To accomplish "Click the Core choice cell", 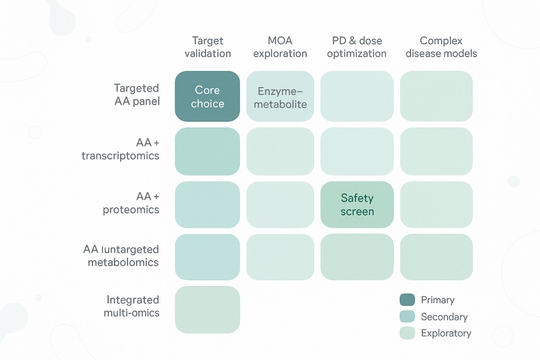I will (207, 96).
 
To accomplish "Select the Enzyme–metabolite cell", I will (280, 96).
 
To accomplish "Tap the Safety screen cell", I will (357, 204).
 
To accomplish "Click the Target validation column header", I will (207, 47).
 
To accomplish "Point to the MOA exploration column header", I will (280, 47).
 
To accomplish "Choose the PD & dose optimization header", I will (357, 47).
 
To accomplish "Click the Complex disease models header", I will (441, 47).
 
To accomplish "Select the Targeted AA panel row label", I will (136, 95).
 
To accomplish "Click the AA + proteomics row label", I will (131, 202).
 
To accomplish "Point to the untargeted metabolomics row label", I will (121, 256).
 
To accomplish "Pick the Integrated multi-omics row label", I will (131, 306).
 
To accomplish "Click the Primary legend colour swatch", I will (407, 300).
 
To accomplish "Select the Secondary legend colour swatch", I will (407, 317).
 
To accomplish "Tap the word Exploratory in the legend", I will (446, 333).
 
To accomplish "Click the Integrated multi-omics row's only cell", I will (207, 309).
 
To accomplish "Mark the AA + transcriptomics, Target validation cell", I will (207, 151).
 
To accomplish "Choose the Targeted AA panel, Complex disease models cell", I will (436, 96).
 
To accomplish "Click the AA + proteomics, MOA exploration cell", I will (280, 204).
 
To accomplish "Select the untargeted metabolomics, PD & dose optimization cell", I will (357, 257).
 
